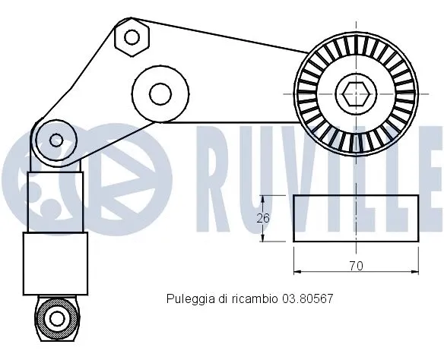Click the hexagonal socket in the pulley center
coord(355,95)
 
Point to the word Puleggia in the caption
coord(186,299)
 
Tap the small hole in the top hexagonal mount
coord(132,36)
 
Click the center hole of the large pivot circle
coord(160,94)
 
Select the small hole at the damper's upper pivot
coord(55,140)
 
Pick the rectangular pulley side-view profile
coord(356,219)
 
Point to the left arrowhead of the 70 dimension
coord(297,270)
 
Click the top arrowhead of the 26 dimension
coord(262,197)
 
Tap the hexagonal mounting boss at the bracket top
coord(132,36)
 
